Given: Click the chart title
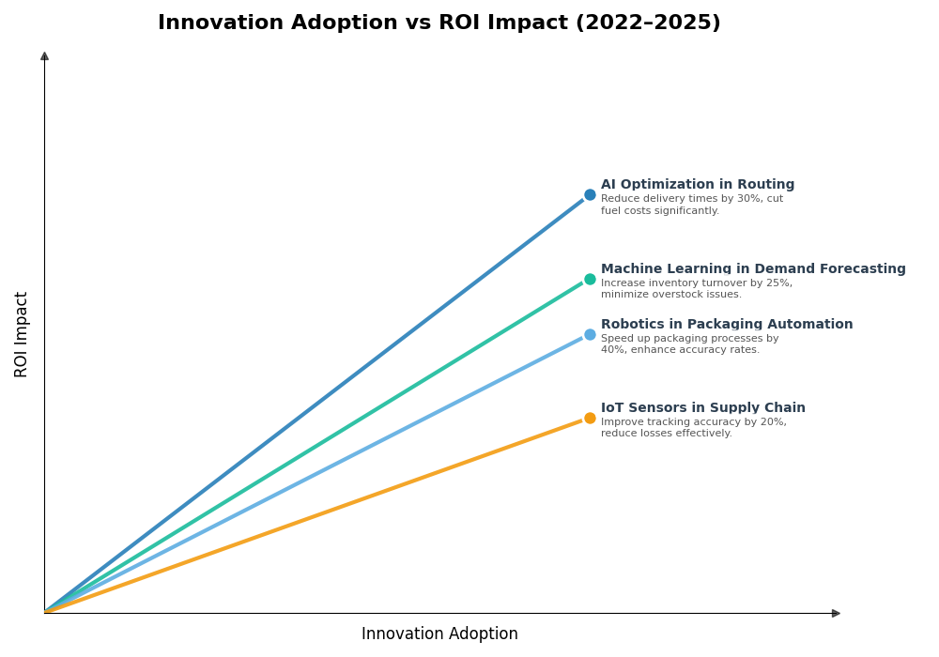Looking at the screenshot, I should [x=439, y=23].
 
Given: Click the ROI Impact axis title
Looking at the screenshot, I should [x=22, y=334].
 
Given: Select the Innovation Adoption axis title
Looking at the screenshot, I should [x=439, y=634].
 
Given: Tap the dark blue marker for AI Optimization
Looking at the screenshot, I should [x=590, y=195].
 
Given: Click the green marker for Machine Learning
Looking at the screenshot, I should [x=590, y=279].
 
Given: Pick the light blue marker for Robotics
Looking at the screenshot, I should [x=590, y=334].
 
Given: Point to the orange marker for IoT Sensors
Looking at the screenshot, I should [x=590, y=418].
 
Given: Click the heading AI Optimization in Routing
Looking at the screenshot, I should [x=697, y=185].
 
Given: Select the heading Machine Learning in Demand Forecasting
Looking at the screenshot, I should [x=752, y=269].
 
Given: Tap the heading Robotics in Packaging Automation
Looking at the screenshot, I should [x=726, y=325].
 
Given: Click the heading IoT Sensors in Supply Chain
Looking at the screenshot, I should [x=702, y=408].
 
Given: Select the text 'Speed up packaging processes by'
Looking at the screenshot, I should [x=689, y=339].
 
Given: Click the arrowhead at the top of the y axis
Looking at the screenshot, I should [x=44, y=56].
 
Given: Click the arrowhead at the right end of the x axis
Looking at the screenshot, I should [x=836, y=613].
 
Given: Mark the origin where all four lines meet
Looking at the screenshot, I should [x=45, y=613].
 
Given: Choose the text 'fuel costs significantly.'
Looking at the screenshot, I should [x=659, y=211].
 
